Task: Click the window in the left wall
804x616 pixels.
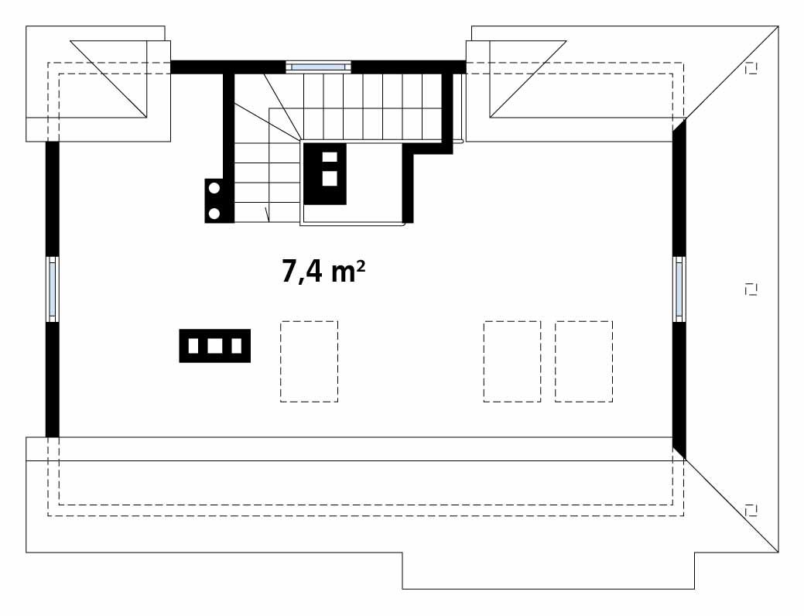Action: (x=53, y=289)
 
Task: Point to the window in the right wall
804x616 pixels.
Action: (x=679, y=289)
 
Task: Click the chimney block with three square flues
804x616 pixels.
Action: (x=215, y=346)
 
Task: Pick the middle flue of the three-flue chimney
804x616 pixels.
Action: (x=215, y=346)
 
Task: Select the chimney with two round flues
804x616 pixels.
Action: (x=216, y=200)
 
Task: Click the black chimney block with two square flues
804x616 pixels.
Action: (x=326, y=173)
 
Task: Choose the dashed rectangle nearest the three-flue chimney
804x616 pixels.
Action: (x=309, y=361)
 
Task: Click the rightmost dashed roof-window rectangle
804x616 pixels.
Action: (x=583, y=361)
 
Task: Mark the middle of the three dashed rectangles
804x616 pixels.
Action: (x=511, y=361)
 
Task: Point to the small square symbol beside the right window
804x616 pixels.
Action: (x=749, y=289)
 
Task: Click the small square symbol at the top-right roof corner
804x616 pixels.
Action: (x=750, y=68)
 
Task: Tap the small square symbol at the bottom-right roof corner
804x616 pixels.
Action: (x=749, y=508)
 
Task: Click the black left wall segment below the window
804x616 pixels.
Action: (x=53, y=379)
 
